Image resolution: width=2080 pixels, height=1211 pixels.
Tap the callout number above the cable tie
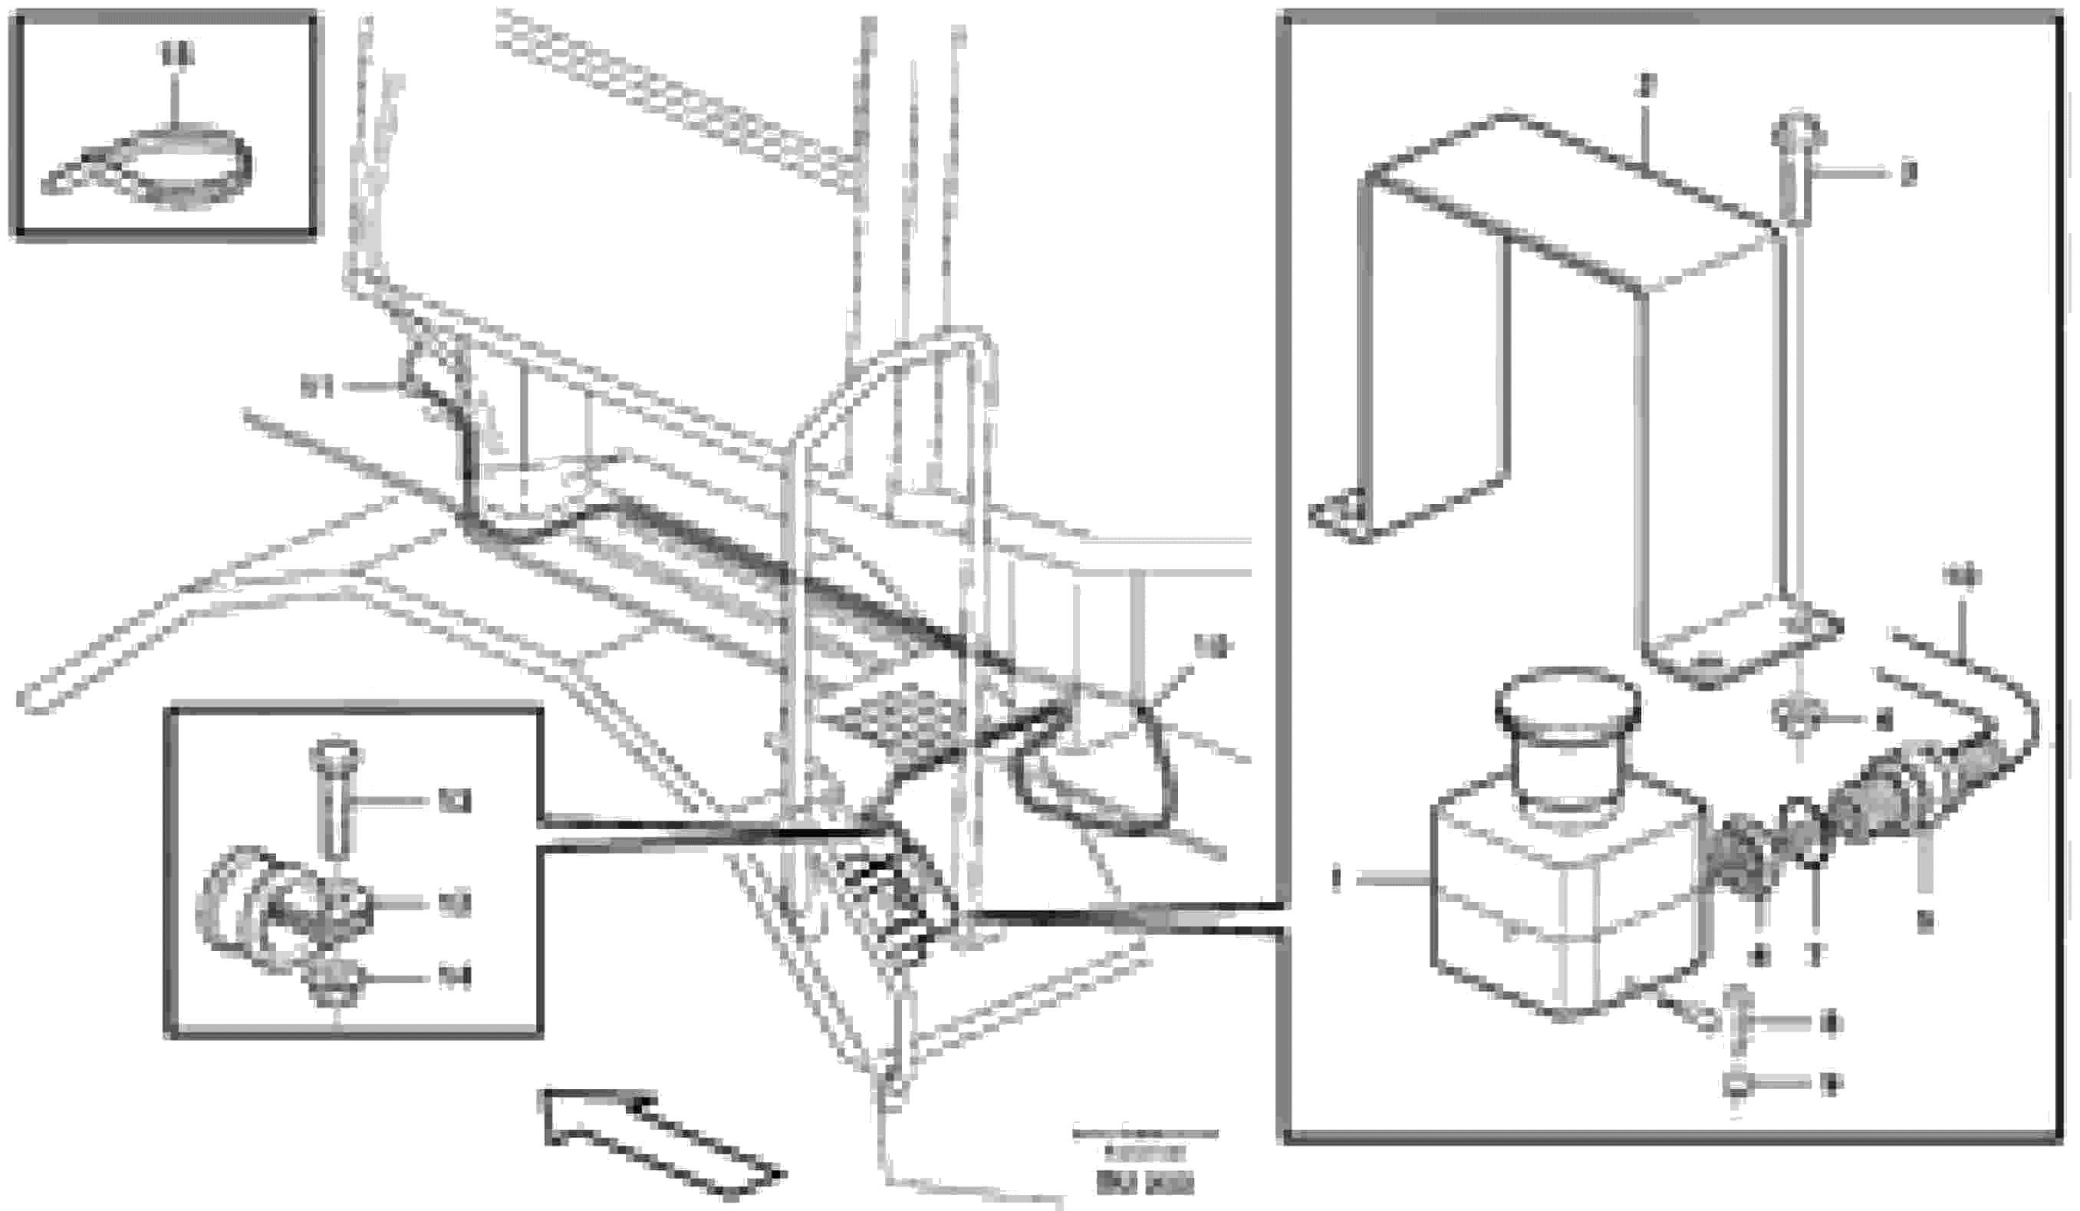tap(175, 54)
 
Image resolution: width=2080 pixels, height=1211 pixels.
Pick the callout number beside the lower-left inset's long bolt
tap(453, 801)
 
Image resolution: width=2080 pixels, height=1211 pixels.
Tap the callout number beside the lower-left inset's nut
tap(453, 979)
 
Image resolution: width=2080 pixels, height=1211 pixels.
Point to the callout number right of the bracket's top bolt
tap(1908, 174)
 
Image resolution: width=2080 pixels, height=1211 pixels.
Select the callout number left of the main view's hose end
tap(316, 387)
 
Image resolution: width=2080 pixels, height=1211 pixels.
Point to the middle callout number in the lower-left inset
tap(453, 905)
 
